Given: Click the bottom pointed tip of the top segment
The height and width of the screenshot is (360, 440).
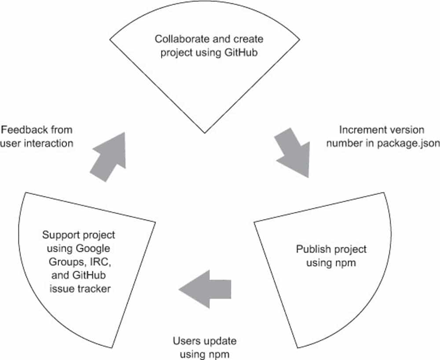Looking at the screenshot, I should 205,132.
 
